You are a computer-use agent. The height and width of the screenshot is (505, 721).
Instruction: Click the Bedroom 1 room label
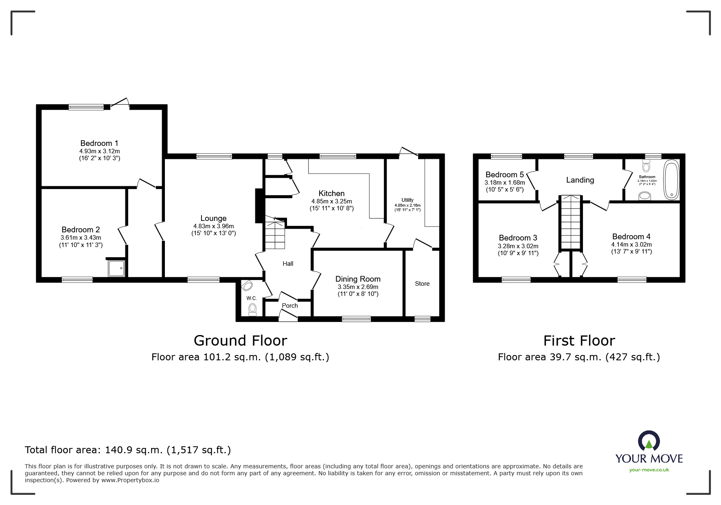[x=99, y=143]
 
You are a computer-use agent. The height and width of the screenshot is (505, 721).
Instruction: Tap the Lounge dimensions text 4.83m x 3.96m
[x=213, y=226]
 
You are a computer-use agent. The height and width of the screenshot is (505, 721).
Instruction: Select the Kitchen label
[x=331, y=193]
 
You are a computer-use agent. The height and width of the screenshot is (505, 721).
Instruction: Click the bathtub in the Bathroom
[x=671, y=180]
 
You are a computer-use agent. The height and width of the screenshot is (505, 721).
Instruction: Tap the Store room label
[x=422, y=284]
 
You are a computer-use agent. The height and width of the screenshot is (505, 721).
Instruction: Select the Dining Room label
[x=358, y=279]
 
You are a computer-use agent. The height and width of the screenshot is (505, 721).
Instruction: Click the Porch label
[x=290, y=306]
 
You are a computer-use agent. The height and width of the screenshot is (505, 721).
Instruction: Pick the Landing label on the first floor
[x=580, y=180]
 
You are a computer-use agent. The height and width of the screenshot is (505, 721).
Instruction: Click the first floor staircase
[x=570, y=222]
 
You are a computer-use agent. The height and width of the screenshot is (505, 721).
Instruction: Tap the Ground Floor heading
[x=240, y=340]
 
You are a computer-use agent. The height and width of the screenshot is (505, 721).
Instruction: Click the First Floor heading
[x=579, y=340]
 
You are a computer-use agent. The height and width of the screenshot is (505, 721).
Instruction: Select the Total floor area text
[x=128, y=450]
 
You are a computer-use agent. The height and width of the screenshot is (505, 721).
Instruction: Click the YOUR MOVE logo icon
[x=649, y=441]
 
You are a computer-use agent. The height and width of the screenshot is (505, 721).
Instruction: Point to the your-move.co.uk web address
[x=649, y=470]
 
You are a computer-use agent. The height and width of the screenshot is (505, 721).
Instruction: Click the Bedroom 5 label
[x=504, y=174]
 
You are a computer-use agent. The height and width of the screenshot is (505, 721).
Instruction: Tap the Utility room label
[x=408, y=200]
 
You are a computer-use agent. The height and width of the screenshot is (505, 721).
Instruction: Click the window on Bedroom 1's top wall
[x=86, y=107]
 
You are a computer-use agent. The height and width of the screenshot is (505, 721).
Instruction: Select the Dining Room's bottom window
[x=356, y=319]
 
